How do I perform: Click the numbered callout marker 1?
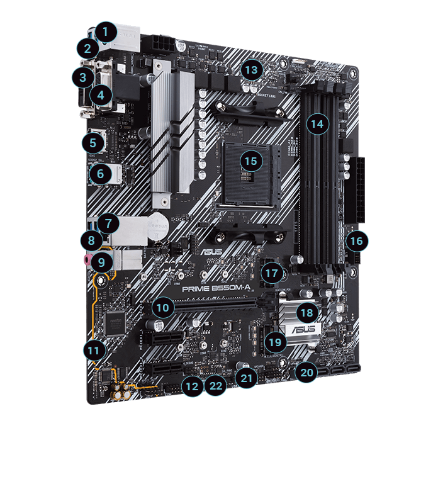(x=106, y=31)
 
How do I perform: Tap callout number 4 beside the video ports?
(x=101, y=95)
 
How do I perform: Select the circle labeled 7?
(x=108, y=222)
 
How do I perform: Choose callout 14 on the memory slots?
(x=318, y=124)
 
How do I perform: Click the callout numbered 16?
(x=356, y=240)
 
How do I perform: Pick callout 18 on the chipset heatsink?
(x=307, y=312)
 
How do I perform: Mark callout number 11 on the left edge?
(x=94, y=349)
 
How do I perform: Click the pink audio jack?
(x=86, y=257)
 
